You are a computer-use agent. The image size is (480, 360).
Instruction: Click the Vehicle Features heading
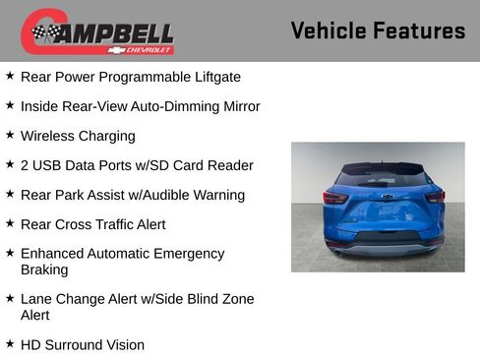click(378, 30)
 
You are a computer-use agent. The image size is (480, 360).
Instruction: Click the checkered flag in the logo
click(45, 32)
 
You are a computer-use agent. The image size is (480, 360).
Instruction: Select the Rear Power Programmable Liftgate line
click(130, 77)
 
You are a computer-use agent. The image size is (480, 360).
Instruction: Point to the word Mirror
click(236, 106)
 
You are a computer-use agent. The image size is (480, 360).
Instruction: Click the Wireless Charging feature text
click(78, 136)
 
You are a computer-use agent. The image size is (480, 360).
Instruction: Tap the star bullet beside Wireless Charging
click(10, 135)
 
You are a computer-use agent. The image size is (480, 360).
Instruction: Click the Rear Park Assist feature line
click(133, 195)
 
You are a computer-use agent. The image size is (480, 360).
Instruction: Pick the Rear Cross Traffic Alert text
click(93, 224)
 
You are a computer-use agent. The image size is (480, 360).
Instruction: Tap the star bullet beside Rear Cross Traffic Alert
click(10, 223)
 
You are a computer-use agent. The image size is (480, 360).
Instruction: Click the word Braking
click(44, 270)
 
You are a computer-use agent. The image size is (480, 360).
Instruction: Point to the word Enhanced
click(53, 254)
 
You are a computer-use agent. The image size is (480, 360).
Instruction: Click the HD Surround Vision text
click(83, 345)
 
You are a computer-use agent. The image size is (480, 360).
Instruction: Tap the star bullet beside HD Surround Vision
click(10, 344)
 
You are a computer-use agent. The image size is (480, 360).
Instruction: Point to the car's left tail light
click(335, 197)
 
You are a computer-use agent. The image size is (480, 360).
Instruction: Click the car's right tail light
click(434, 197)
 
